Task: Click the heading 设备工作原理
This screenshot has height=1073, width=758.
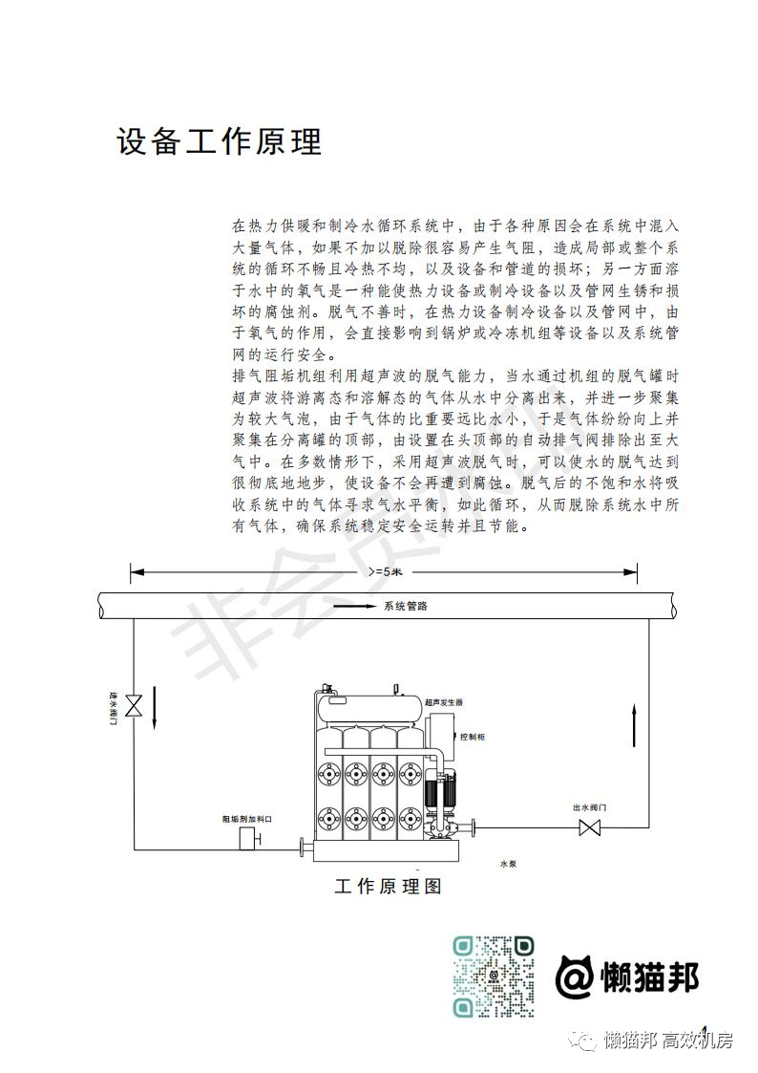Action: click(219, 141)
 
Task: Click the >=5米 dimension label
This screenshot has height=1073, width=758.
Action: click(385, 571)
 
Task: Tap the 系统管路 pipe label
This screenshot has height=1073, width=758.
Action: click(406, 607)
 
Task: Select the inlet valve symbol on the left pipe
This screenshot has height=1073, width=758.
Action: click(134, 705)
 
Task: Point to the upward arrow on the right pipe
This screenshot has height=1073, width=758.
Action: click(634, 726)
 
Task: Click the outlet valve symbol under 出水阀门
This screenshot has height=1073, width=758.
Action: click(589, 828)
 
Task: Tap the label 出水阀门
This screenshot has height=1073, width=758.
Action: click(589, 807)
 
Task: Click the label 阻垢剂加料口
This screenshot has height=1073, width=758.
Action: click(247, 819)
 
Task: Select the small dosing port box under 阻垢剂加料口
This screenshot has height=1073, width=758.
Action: click(247, 837)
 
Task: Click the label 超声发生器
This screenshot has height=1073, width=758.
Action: click(444, 702)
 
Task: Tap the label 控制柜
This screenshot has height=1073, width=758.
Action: click(473, 737)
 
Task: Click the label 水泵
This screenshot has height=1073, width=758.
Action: click(508, 865)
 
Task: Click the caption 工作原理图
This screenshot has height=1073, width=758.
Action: click(389, 886)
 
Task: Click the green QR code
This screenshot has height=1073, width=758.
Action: click(493, 976)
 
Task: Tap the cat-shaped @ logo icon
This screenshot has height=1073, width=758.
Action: click(574, 976)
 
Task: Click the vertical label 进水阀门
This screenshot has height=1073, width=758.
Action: click(113, 708)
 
